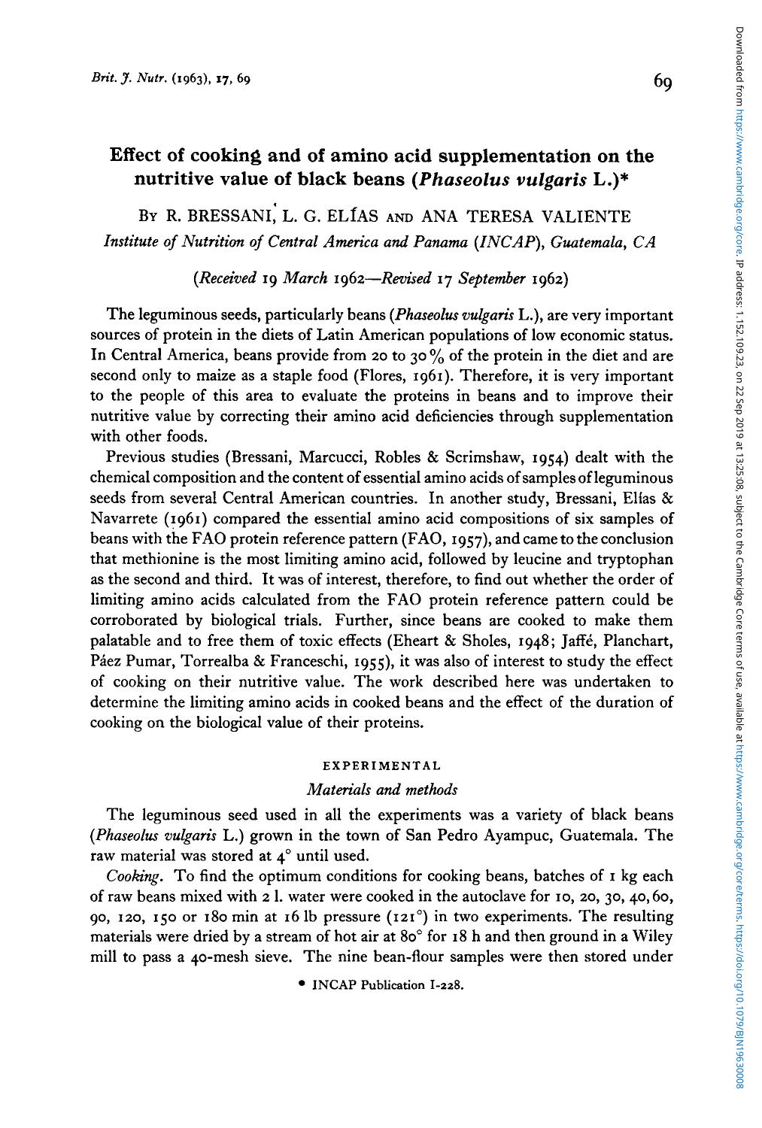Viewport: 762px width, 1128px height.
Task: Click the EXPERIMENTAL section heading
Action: click(381, 766)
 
